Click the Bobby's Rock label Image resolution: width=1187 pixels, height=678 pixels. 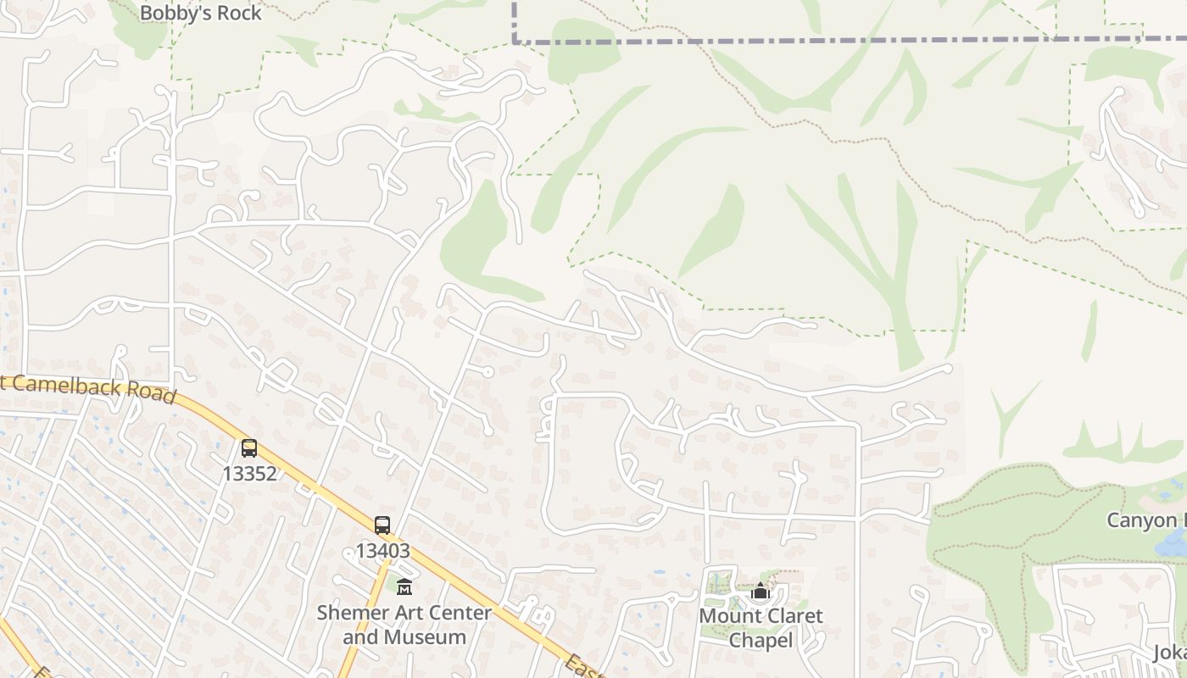pyautogui.click(x=200, y=13)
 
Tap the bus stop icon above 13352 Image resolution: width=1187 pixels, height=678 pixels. pyautogui.click(x=248, y=448)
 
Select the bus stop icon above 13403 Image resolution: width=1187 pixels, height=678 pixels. pyautogui.click(x=382, y=525)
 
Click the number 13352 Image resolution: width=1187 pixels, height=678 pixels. pyautogui.click(x=249, y=474)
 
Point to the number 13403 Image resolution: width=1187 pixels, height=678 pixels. pyautogui.click(x=382, y=551)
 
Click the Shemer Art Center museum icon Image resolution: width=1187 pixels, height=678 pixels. pyautogui.click(x=404, y=586)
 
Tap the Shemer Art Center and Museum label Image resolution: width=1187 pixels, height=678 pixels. pyautogui.click(x=404, y=625)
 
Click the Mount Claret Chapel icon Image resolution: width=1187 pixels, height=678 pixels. pyautogui.click(x=761, y=591)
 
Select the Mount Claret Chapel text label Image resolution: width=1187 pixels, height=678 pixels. pyautogui.click(x=761, y=628)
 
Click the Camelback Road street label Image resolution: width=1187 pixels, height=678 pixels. pyautogui.click(x=89, y=389)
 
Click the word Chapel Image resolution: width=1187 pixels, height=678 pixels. pyautogui.click(x=761, y=641)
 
